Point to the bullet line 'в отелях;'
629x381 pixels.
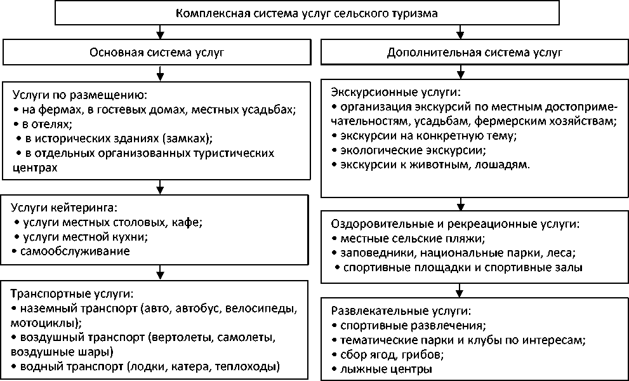44,124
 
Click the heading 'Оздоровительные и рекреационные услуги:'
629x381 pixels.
456,224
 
